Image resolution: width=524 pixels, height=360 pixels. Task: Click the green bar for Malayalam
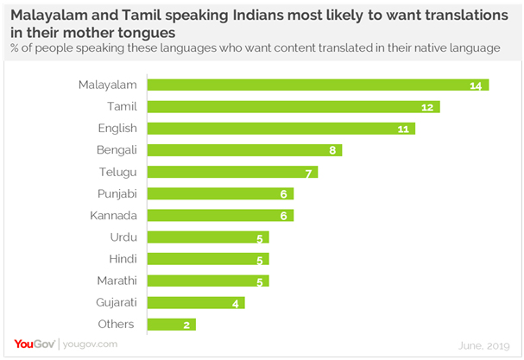tap(318, 85)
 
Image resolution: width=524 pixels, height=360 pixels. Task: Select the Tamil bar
tap(294, 106)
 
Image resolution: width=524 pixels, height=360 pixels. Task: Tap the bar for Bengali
tap(244, 150)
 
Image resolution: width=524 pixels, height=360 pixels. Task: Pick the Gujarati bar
tap(196, 302)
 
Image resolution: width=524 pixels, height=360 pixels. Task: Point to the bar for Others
tap(172, 324)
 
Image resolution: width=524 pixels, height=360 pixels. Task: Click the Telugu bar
tap(232, 172)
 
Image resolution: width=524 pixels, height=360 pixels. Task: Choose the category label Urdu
tap(123, 237)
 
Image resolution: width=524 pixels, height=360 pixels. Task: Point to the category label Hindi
tap(122, 259)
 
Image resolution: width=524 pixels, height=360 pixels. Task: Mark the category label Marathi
tap(116, 281)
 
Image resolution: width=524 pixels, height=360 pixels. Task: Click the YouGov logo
tap(35, 344)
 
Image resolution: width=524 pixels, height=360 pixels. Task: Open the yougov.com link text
tap(87, 344)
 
